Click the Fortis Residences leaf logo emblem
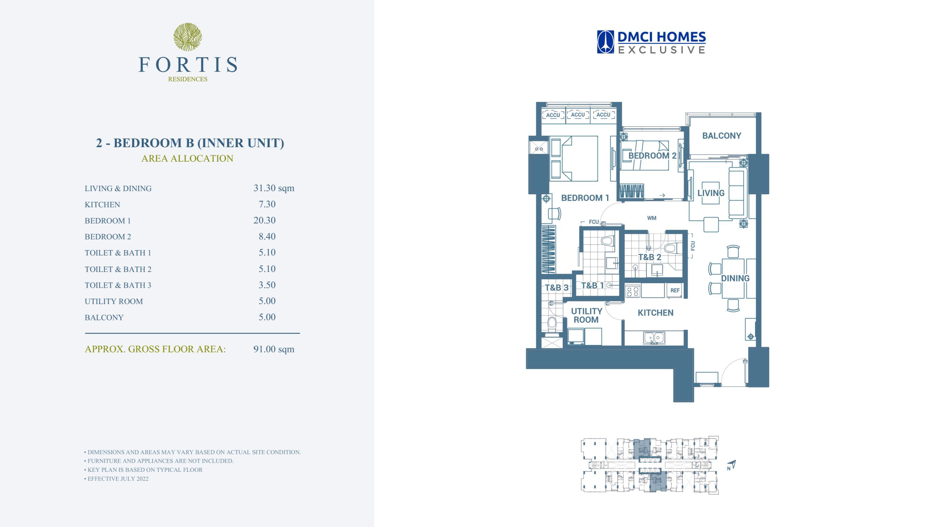click(188, 37)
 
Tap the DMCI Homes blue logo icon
click(605, 42)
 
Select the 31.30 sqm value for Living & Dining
click(274, 188)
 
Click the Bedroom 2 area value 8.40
click(267, 236)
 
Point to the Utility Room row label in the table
click(114, 301)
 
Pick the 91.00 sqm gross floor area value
click(274, 349)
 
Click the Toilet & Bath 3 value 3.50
click(267, 285)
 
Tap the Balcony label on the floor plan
click(722, 136)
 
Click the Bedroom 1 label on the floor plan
click(585, 198)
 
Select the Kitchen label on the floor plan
click(656, 313)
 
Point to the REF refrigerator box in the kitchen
click(675, 291)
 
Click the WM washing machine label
click(651, 218)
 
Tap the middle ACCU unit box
click(578, 115)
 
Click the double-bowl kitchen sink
click(654, 338)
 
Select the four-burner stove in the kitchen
click(633, 291)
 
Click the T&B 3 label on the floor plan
click(556, 288)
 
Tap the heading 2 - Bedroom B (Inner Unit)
click(190, 143)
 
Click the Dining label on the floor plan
click(735, 279)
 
